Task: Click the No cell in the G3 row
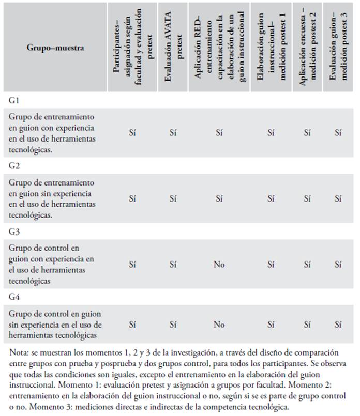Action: point(219,265)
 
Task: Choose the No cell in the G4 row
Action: point(219,325)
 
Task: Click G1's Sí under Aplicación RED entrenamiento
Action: point(219,133)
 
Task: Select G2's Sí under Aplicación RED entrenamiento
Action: point(219,199)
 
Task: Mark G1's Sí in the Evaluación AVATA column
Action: point(173,133)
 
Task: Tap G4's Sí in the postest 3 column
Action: point(338,325)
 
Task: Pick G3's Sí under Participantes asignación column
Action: point(132,265)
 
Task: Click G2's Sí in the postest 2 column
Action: point(307,199)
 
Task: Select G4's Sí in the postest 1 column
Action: point(271,325)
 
